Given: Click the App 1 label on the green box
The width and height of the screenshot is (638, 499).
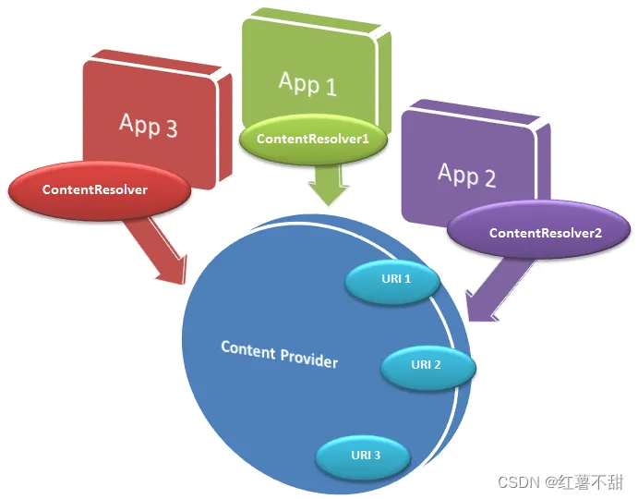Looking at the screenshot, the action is pos(307,84).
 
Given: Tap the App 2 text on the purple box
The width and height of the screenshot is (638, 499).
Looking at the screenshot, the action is pos(466,176).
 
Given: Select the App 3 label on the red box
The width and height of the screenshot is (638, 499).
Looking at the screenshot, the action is pos(148,125).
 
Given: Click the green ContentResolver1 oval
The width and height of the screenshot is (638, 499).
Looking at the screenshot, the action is pos(313,139).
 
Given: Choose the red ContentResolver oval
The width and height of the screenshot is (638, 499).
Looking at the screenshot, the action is pos(100,190).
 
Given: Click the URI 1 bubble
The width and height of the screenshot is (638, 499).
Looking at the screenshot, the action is pos(392,281).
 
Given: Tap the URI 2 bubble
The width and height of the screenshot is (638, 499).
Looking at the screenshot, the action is pos(428,367).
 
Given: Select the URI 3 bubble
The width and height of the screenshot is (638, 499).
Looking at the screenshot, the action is pos(363,456).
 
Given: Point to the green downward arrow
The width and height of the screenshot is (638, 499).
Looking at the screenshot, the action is pos(329,184).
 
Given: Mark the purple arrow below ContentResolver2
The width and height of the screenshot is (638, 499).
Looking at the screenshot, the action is pos(497,289).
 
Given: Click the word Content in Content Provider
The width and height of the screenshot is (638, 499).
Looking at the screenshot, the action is pos(248,350).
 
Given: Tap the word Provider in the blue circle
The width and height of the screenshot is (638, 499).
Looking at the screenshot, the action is pos(309,359).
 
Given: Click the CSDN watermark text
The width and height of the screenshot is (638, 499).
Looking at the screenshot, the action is pos(519,482).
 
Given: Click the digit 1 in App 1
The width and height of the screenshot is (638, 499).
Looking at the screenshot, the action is pos(331,87).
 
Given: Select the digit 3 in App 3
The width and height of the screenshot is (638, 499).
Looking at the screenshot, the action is pos(172,128).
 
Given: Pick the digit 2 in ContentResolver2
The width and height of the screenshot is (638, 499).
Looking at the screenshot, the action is pos(597,233).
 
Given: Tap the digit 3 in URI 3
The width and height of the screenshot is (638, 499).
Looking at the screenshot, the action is pos(377,455).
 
